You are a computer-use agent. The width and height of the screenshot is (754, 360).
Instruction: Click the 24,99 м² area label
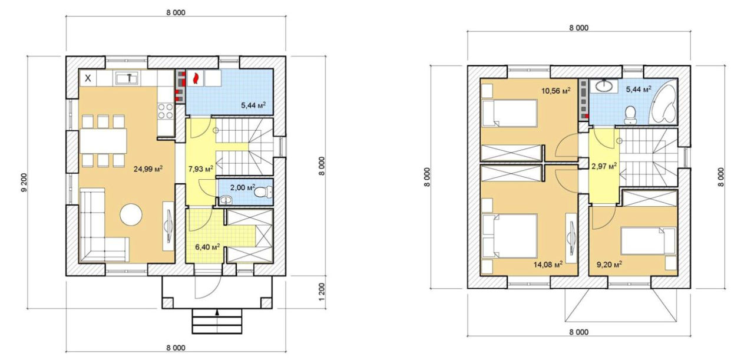tap(148, 169)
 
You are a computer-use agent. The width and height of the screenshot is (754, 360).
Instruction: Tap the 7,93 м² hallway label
tap(201, 169)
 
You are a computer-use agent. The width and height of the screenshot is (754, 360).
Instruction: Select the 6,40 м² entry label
tap(207, 247)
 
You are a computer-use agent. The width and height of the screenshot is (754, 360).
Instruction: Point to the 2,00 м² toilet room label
tap(243, 187)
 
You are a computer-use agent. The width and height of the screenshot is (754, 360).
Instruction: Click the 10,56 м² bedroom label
tap(555, 91)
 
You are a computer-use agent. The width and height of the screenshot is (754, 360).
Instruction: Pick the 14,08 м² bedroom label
tap(548, 265)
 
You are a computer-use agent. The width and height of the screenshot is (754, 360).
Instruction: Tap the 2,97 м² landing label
tap(604, 166)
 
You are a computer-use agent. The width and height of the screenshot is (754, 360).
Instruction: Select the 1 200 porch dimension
tap(322, 292)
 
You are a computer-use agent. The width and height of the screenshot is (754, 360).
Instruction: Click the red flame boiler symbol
tap(195, 79)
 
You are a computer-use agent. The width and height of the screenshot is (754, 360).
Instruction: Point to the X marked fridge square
tap(88, 78)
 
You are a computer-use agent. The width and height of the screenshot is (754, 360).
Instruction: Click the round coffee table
tap(131, 214)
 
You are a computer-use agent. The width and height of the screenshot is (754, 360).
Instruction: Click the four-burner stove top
tap(166, 111)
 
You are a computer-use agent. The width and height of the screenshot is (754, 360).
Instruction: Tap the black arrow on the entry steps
tap(217, 312)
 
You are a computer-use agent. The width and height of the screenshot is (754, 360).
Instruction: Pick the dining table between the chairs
tap(103, 141)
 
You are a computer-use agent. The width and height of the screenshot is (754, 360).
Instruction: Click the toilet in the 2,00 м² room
tap(263, 192)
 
